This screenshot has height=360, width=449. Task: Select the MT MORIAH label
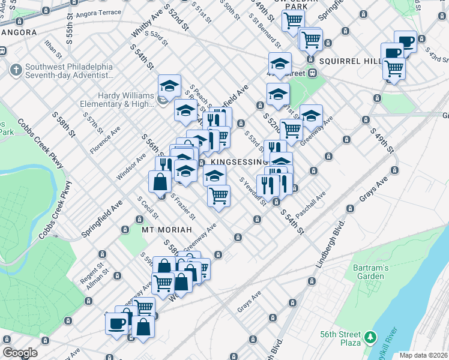[166, 230]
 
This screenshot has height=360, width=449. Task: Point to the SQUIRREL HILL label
[350, 61]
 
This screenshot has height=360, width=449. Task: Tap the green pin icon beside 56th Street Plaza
[372, 338]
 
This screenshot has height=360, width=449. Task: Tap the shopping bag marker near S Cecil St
[160, 182]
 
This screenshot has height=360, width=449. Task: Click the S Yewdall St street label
[252, 192]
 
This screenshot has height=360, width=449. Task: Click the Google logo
[20, 353]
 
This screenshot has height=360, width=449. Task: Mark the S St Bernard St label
[266, 33]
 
